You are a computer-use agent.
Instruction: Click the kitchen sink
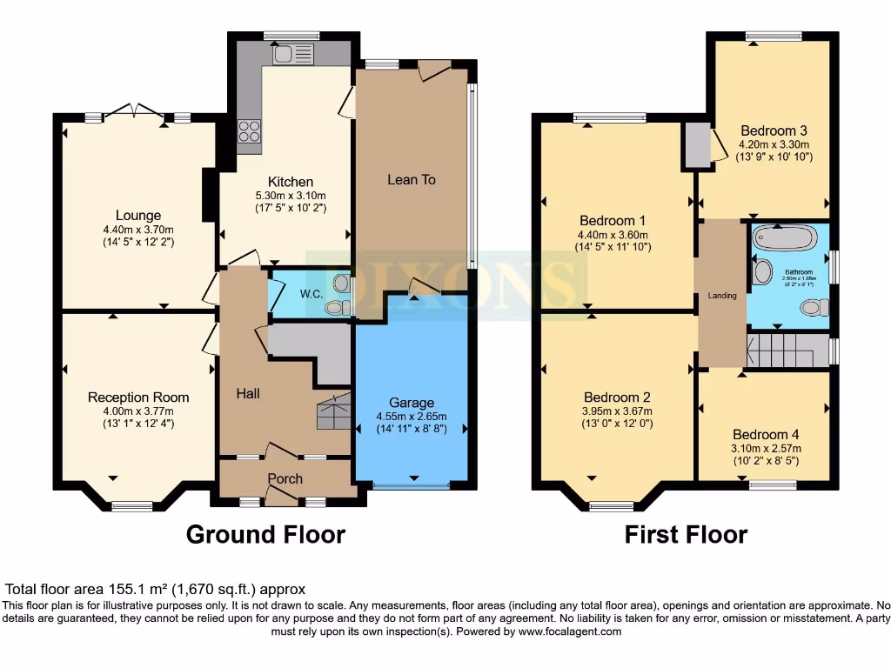(x=292, y=55)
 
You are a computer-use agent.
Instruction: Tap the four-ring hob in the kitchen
(x=249, y=131)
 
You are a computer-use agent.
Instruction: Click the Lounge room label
(x=138, y=216)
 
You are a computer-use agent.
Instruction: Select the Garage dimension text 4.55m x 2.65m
(x=412, y=416)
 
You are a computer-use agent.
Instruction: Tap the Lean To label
(x=412, y=179)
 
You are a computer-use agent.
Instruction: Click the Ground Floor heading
(x=265, y=534)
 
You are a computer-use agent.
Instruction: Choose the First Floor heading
(x=686, y=534)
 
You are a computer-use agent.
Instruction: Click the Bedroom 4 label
(x=765, y=435)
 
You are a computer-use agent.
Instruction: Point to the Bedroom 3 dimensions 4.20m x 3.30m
(x=774, y=144)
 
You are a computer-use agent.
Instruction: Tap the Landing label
(x=722, y=296)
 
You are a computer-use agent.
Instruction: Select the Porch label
(x=285, y=478)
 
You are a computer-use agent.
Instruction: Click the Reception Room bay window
(x=132, y=505)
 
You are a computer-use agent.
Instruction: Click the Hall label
(x=248, y=394)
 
